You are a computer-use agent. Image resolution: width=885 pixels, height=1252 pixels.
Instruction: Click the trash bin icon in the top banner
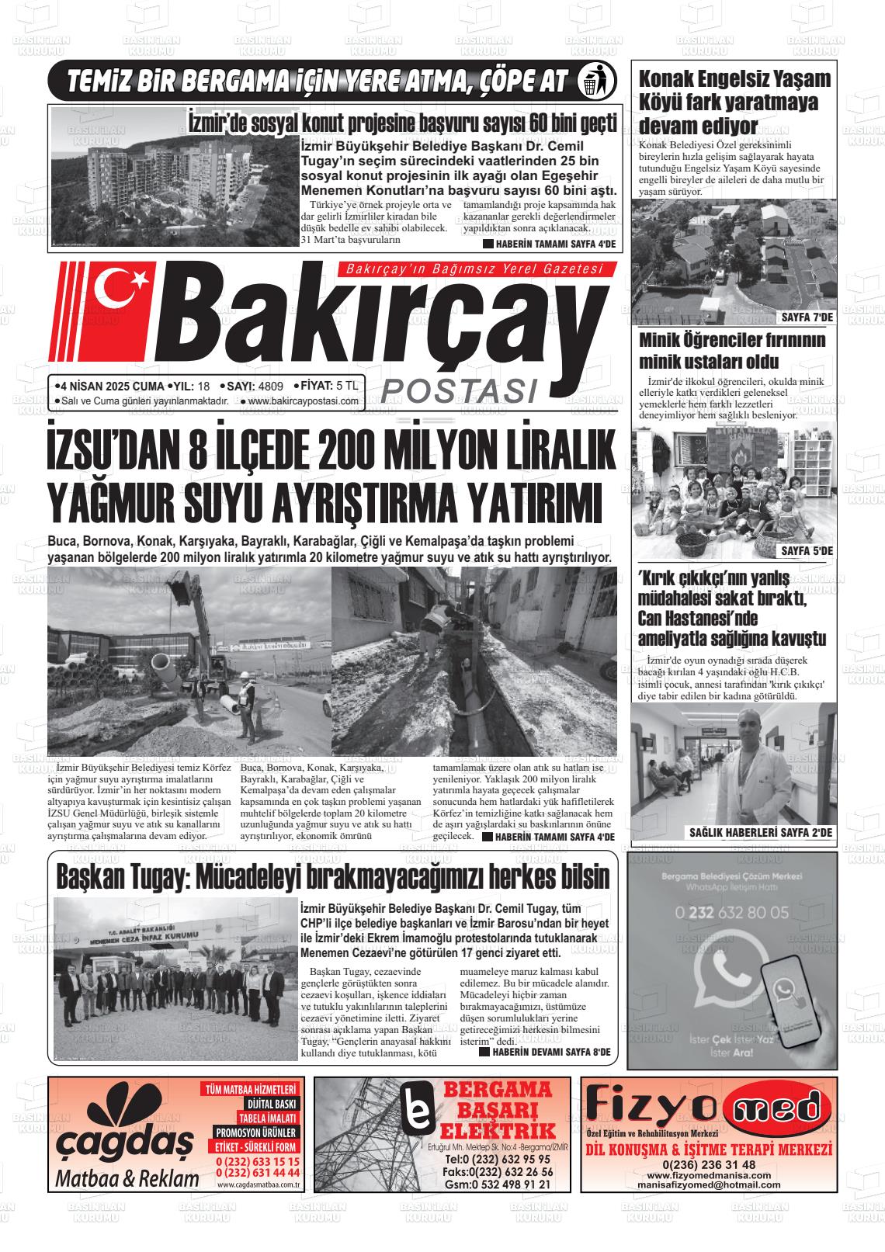(x=597, y=81)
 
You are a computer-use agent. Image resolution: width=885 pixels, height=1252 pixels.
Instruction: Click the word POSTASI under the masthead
(x=460, y=390)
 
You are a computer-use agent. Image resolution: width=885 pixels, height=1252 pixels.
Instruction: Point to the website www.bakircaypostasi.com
(x=304, y=401)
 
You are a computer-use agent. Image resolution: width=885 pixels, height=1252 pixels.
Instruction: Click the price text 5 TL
(x=348, y=386)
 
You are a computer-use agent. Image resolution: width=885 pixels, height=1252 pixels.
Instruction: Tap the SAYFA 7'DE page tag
(x=807, y=317)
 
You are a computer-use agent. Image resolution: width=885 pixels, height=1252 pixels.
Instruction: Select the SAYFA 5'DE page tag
(x=807, y=550)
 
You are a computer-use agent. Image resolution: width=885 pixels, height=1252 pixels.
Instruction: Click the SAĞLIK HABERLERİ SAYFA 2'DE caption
(x=760, y=833)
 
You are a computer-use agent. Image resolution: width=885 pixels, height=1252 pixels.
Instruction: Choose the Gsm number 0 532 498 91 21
(x=498, y=1184)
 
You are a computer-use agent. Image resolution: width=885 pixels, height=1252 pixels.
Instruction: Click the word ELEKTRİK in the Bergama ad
(x=498, y=1129)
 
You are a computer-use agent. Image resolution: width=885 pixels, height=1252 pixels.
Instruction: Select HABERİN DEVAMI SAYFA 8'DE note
(x=545, y=1052)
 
